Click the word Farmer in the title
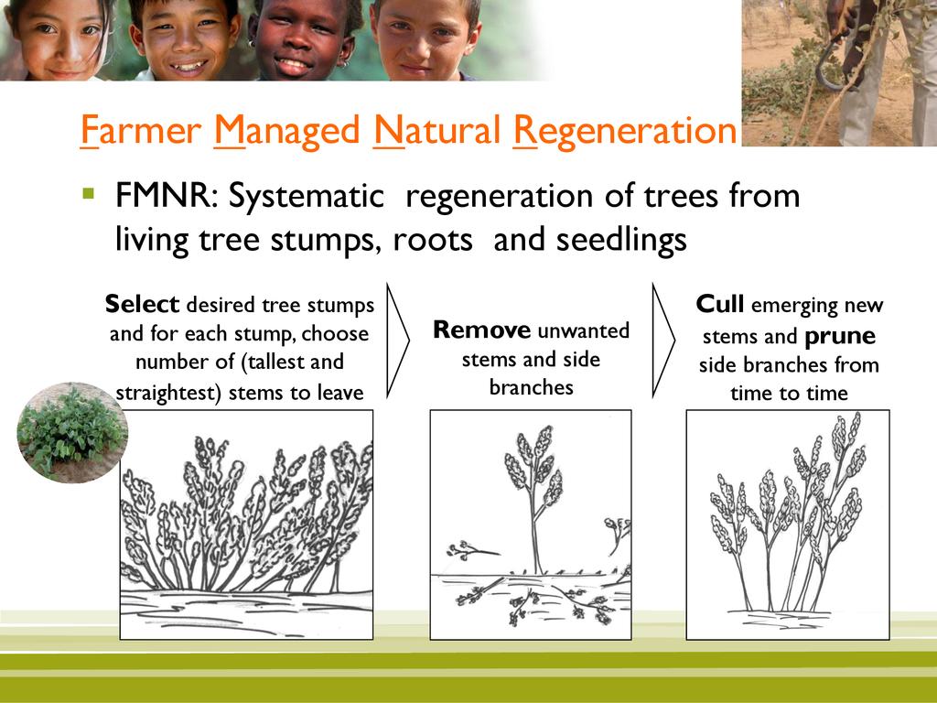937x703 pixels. coord(140,130)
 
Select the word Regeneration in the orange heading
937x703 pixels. coord(625,131)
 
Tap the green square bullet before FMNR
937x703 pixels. coord(89,193)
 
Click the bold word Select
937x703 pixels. coord(142,304)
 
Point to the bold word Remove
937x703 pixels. coord(481,330)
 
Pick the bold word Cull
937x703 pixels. coord(720,304)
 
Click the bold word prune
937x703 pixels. coord(840,337)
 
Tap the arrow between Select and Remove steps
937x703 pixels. coord(398,341)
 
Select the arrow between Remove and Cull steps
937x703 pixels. coord(663,341)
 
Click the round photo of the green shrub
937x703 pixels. coord(71,432)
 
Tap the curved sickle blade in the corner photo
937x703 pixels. coord(828,63)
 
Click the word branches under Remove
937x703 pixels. coord(532,387)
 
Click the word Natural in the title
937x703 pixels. coord(436,130)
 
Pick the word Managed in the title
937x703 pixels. coord(286,131)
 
